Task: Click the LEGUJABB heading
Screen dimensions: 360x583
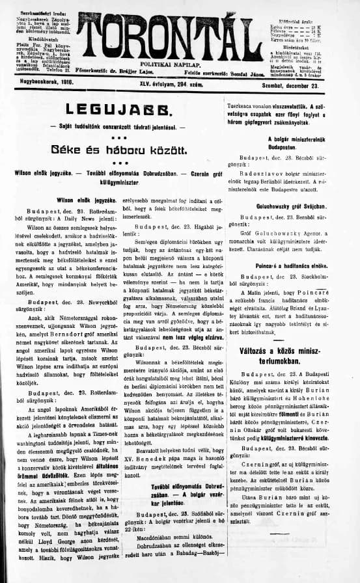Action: coord(112,109)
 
